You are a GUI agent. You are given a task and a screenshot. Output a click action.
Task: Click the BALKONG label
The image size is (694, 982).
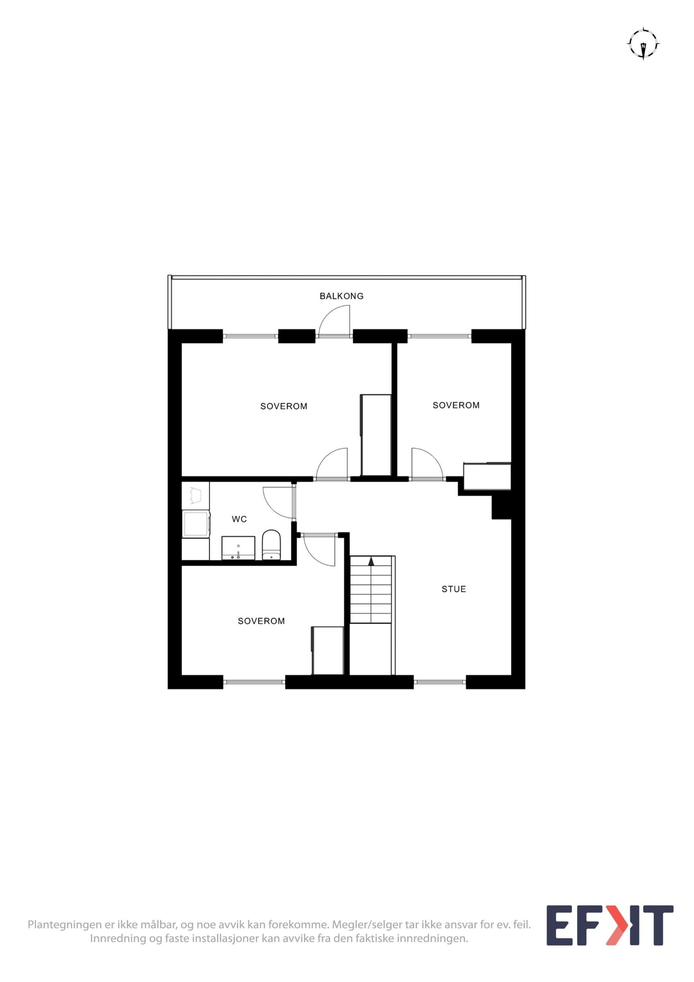[341, 295]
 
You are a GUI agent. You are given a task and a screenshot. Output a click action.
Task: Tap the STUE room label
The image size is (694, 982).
[454, 589]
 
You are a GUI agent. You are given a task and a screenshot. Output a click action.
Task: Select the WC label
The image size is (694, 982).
[239, 519]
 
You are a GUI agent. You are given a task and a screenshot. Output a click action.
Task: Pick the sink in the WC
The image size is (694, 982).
[238, 548]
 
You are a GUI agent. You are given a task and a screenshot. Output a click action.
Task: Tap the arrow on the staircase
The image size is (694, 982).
[371, 561]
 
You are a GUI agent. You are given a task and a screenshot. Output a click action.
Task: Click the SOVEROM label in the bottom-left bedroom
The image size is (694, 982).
[261, 621]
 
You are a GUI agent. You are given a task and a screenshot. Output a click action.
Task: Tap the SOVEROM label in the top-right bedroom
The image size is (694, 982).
[456, 405]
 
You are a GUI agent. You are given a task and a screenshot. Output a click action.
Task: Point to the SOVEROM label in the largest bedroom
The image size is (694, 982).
[284, 406]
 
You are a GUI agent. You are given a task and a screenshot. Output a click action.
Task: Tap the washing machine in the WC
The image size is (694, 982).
[196, 523]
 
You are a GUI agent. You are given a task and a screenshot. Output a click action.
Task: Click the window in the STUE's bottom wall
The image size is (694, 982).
[440, 682]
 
